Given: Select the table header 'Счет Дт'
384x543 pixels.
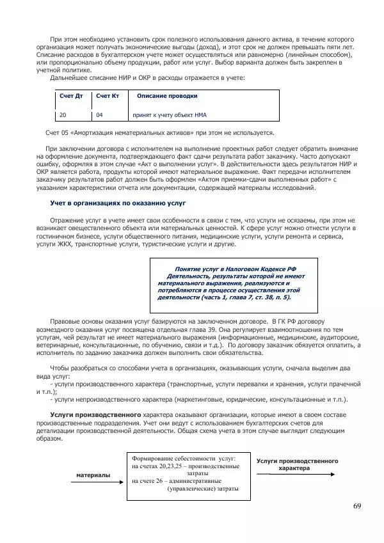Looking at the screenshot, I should (71, 96).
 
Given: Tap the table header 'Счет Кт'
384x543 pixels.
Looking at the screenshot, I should (108, 96).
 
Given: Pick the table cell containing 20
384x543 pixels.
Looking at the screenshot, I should (63, 116).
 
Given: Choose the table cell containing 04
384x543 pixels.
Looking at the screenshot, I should (99, 116).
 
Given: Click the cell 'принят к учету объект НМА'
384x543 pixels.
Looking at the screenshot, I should (170, 116).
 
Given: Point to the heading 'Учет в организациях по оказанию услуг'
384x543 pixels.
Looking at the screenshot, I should (118, 203).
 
